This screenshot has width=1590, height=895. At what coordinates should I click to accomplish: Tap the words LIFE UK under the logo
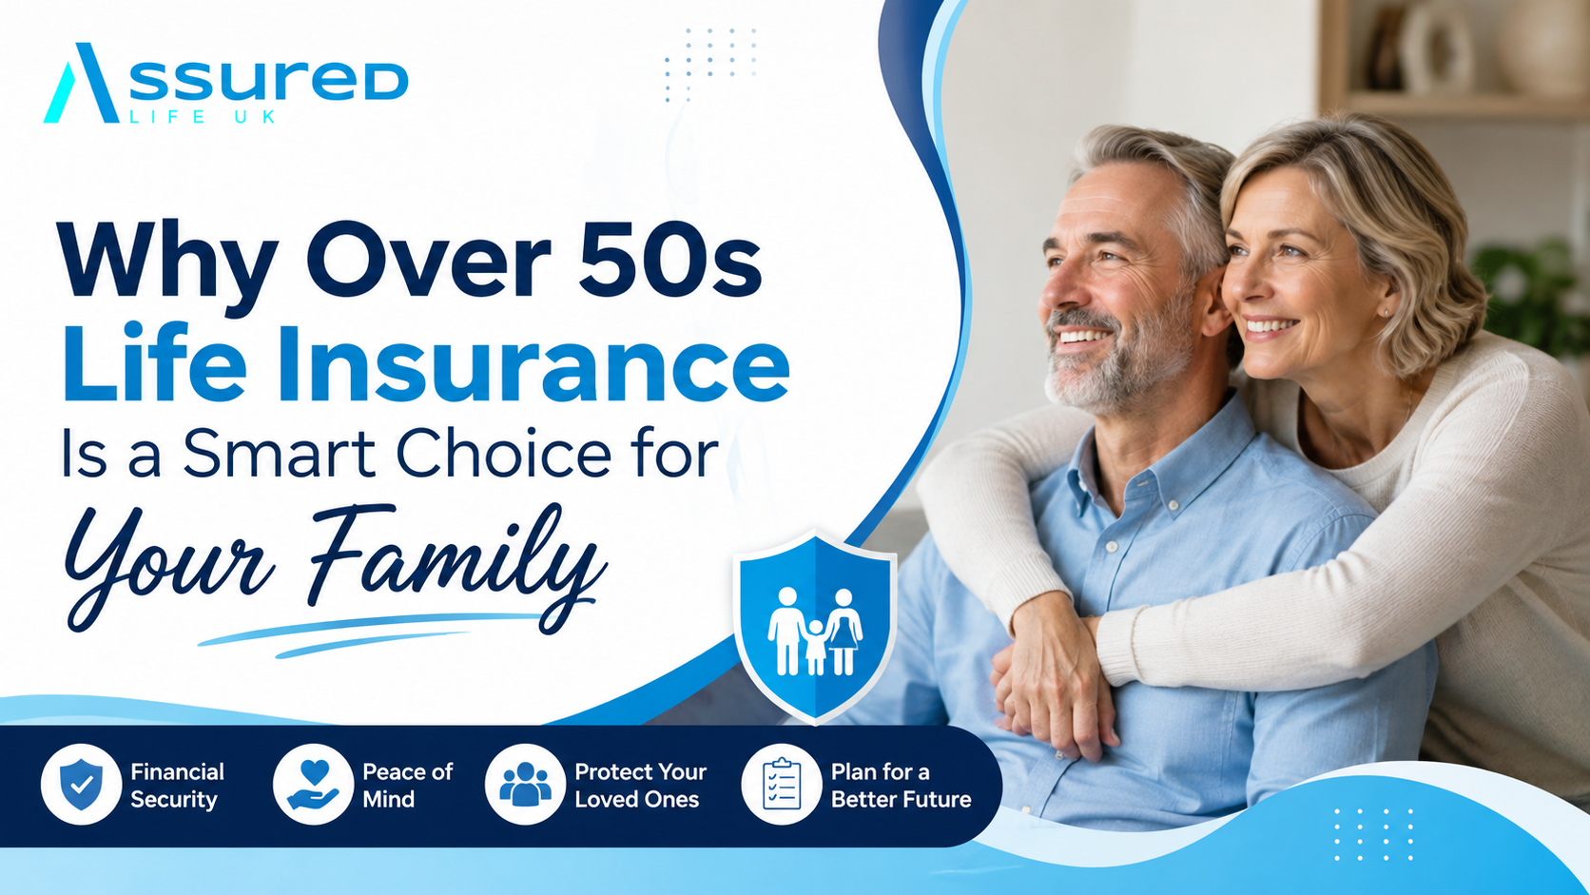203,117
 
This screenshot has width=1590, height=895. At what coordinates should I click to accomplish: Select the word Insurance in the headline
533,363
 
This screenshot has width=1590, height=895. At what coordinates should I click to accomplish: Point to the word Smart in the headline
279,454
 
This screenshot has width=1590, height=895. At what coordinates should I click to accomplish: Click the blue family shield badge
815,626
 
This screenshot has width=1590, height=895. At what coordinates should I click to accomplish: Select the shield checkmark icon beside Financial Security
81,785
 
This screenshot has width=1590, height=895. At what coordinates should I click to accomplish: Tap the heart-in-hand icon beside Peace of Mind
313,785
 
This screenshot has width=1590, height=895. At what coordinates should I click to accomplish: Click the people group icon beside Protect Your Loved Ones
525,785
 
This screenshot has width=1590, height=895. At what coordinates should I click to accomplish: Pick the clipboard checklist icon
782,785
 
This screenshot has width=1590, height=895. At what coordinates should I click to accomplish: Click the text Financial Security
177,785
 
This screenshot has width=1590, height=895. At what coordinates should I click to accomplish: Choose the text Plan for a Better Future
901,785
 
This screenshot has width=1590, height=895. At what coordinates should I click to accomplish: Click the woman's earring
1386,312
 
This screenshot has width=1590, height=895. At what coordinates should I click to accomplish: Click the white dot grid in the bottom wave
1373,834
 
